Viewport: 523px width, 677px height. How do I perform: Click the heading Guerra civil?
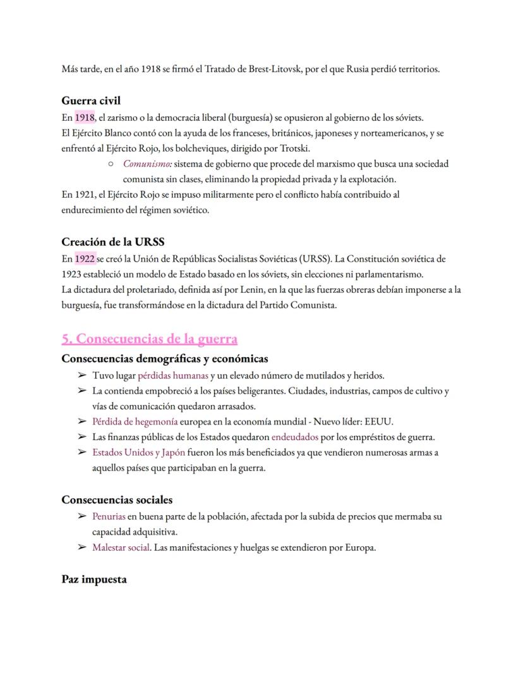91,101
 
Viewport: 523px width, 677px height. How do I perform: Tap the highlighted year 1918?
84,118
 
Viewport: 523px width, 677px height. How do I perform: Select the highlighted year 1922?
84,259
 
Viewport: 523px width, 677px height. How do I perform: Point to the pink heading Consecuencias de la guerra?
150,339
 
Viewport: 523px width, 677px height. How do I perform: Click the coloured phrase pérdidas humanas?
172,375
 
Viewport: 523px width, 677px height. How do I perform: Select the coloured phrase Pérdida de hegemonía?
135,422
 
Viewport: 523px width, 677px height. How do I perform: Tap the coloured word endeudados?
296,437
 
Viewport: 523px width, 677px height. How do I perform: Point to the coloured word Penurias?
109,516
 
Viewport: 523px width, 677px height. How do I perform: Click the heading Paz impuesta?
94,579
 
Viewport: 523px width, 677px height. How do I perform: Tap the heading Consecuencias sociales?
117,500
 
